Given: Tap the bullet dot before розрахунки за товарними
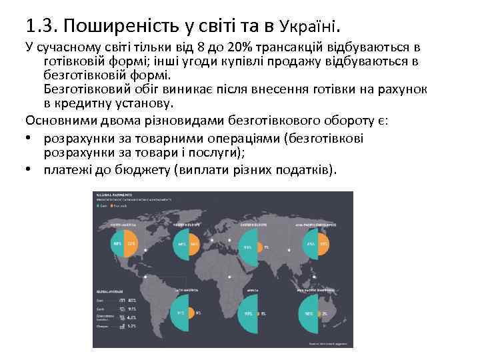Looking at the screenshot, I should tap(31, 139).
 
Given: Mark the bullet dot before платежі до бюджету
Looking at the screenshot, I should tap(31, 169).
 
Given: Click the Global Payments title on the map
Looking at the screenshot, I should tap(113, 195).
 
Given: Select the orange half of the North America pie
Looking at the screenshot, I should tap(131, 243).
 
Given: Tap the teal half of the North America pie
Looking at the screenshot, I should tap(119, 243).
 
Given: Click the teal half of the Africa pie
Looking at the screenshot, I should tap(249, 313).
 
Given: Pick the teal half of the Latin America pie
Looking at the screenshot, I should tap(181, 313).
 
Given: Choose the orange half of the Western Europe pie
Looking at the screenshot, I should tap(195, 243).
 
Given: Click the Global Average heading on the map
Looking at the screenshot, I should tap(109, 291).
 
